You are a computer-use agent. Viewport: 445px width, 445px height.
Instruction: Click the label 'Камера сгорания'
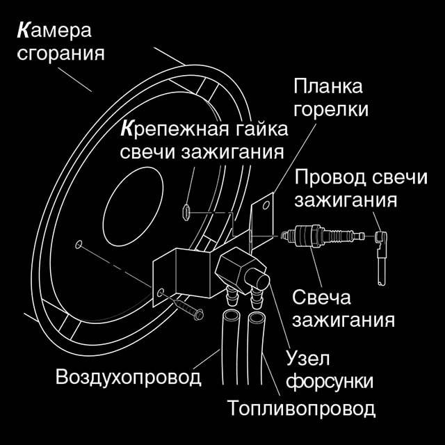click(x=59, y=42)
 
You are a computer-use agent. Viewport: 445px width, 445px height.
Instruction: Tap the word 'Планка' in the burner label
click(x=328, y=88)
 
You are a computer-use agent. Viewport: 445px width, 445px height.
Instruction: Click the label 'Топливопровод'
click(x=301, y=407)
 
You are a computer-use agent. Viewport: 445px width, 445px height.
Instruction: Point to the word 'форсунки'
click(x=330, y=382)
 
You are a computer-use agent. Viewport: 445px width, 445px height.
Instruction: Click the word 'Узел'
click(x=307, y=359)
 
